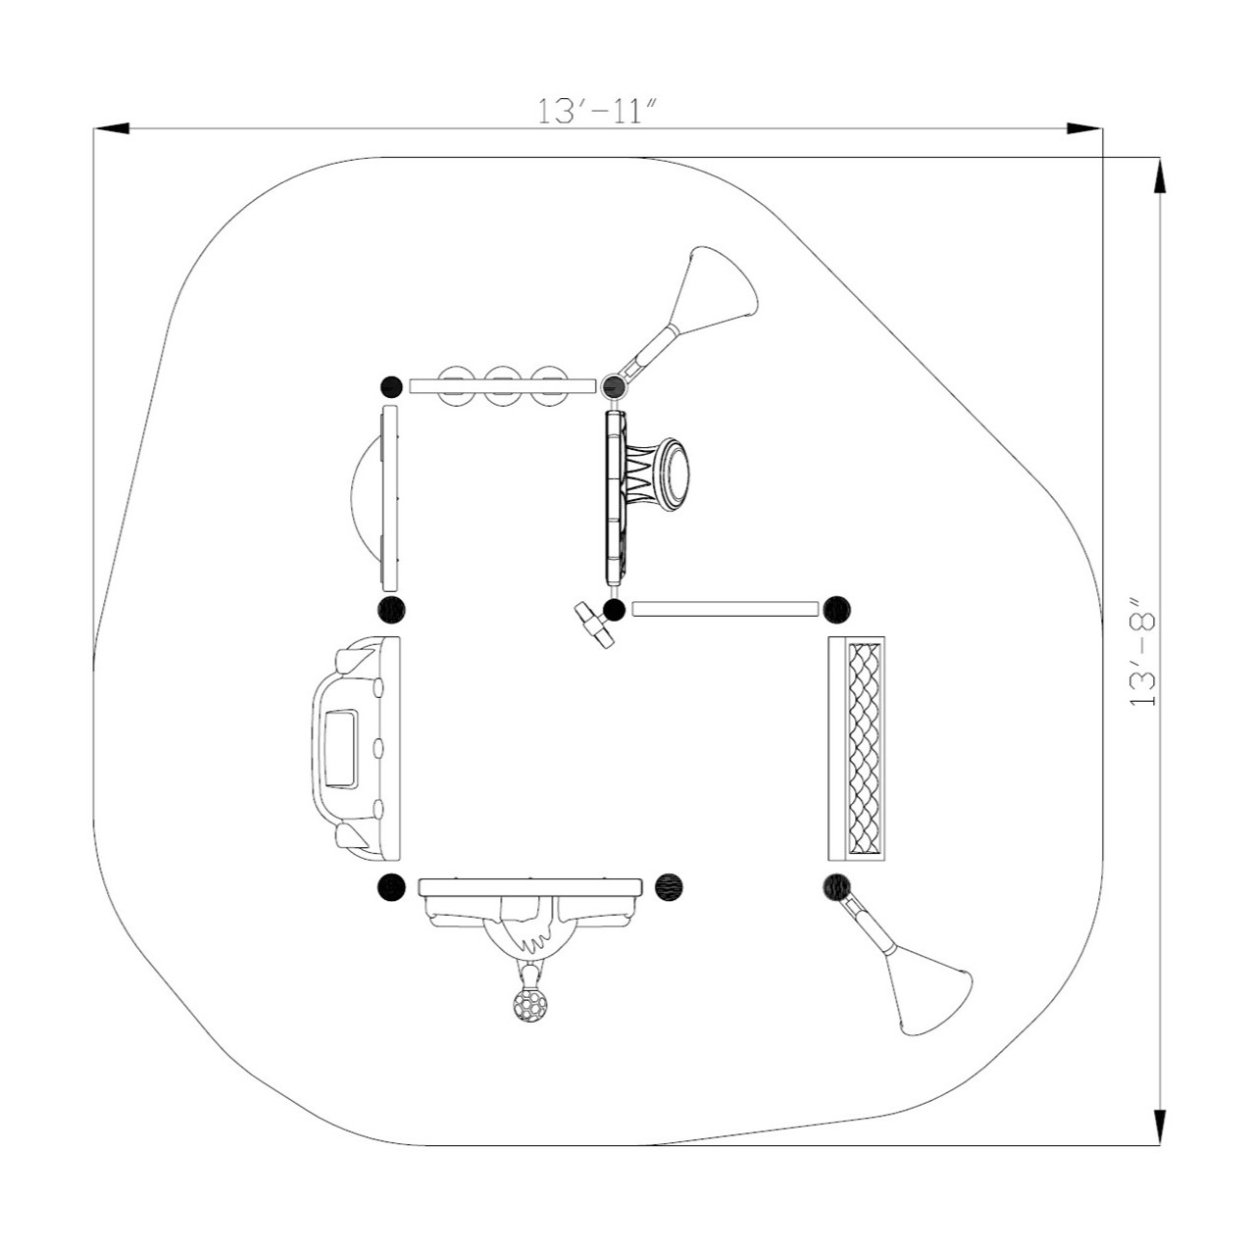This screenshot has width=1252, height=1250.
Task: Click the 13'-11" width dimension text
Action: coord(594,111)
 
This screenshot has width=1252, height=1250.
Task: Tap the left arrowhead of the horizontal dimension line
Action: coord(111,128)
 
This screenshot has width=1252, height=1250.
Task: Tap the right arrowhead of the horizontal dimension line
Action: coord(1084,128)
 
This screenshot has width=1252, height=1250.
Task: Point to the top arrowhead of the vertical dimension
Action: coord(1160,176)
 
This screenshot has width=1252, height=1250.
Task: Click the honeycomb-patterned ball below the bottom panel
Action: coord(530,1005)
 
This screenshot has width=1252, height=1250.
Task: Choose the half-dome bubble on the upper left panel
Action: coord(365,495)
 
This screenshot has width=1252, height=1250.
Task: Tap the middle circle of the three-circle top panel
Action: coord(502,386)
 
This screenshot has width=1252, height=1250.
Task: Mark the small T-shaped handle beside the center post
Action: coord(594,624)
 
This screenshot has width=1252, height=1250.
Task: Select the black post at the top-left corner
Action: coord(391,385)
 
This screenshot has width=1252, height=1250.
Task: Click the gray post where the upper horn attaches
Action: coord(614,384)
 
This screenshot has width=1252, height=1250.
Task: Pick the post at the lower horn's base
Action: coord(835,887)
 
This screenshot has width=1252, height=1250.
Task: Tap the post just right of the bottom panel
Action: coord(669,887)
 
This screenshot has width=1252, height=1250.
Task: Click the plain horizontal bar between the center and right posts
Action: coord(725,609)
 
